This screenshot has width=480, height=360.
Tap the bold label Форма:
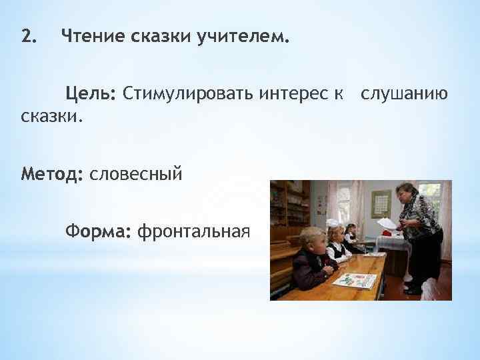coord(97,231)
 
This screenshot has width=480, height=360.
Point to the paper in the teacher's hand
coord(387,225)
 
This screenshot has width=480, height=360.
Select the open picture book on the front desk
coord(354,280)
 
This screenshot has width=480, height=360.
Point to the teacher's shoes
coord(413,289)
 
